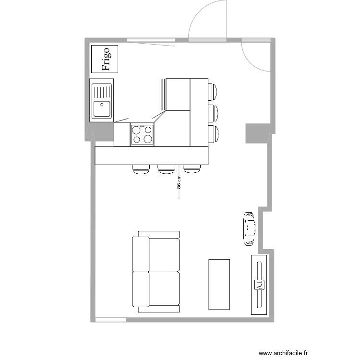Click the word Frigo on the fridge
click(x=106, y=59)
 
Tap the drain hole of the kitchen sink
click(x=102, y=105)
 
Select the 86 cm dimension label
click(x=179, y=182)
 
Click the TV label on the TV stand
click(x=259, y=285)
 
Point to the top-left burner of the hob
click(x=136, y=130)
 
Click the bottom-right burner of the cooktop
click(x=148, y=139)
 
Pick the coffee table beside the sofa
click(x=219, y=285)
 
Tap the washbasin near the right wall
click(x=249, y=229)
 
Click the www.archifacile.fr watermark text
click(x=283, y=353)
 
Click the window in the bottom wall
click(x=111, y=320)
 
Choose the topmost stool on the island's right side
click(x=212, y=91)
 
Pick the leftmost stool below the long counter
click(x=141, y=169)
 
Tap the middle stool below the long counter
click(x=166, y=169)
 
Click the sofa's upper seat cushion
click(x=164, y=255)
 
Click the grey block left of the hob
click(x=105, y=132)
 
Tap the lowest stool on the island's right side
click(x=213, y=134)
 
